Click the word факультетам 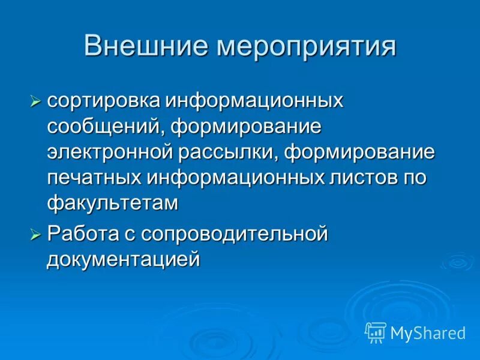113,203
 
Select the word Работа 79,233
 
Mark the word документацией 123,259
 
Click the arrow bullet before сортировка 36,101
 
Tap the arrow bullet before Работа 36,234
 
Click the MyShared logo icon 376,332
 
